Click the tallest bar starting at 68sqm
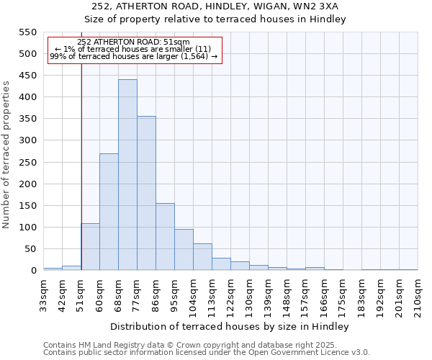coord(127,175)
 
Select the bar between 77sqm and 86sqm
coord(146,193)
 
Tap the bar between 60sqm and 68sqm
coord(109,212)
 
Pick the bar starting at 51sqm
coord(90,247)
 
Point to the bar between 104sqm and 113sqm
coord(202,257)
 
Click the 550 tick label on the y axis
coord(27,32)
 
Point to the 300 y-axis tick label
coord(27,140)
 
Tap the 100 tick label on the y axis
coord(27,228)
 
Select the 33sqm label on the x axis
coord(43,294)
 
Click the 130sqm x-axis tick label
coord(249,297)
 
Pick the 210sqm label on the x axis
coord(418,297)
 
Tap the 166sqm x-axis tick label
coord(324,297)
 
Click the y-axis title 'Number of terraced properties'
coord(7,155)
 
